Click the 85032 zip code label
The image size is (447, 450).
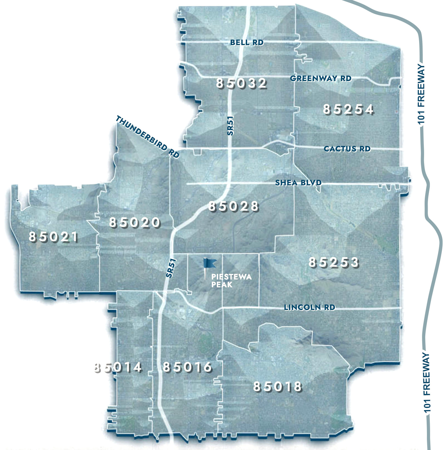pyautogui.click(x=241, y=83)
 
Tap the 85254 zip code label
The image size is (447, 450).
pyautogui.click(x=348, y=110)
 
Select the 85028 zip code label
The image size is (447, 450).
pyautogui.click(x=233, y=206)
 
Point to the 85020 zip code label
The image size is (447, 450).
pyautogui.click(x=134, y=222)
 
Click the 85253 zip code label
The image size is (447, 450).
pyautogui.click(x=334, y=262)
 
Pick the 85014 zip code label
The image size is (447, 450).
pyautogui.click(x=118, y=368)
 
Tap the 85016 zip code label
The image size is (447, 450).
pyautogui.click(x=187, y=367)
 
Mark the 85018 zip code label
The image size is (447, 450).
pyautogui.click(x=277, y=387)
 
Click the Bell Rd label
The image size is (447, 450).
pyautogui.click(x=247, y=42)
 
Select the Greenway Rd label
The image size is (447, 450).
pyautogui.click(x=321, y=78)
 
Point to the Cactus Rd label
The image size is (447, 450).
pyautogui.click(x=347, y=149)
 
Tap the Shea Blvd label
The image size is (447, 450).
pyautogui.click(x=298, y=183)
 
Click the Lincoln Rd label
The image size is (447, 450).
pyautogui.click(x=309, y=307)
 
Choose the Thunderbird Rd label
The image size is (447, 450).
pyautogui.click(x=148, y=137)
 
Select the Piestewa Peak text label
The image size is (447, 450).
pyautogui.click(x=231, y=281)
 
